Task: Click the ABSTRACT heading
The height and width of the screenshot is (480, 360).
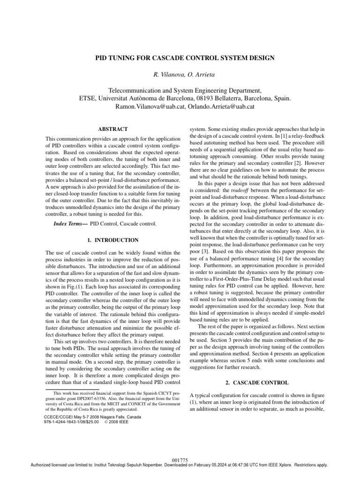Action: click(x=112, y=129)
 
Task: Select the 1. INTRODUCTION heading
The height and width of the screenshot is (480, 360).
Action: click(x=112, y=240)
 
